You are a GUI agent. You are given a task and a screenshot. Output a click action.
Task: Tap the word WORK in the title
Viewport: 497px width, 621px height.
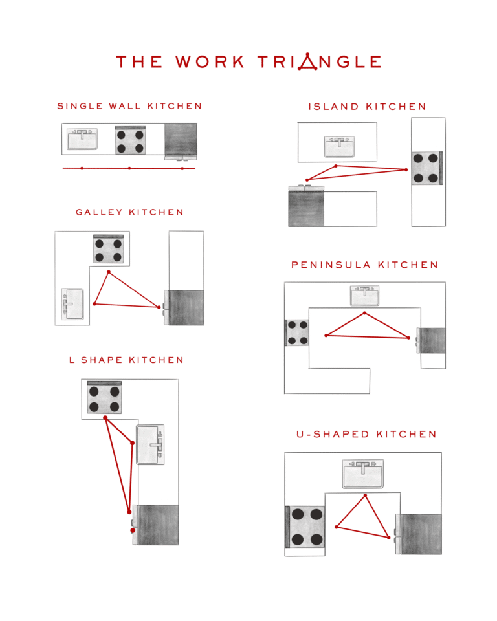coord(210,62)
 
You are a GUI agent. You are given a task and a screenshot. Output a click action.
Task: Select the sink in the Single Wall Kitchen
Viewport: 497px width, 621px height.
coord(82,139)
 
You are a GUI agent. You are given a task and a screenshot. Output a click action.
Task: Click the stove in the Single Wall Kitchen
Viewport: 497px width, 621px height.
coord(130,140)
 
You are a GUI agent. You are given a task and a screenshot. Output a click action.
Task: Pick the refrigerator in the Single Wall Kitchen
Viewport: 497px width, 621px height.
coord(181,140)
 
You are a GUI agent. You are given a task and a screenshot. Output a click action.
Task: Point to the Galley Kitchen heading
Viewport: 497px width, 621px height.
coord(129,212)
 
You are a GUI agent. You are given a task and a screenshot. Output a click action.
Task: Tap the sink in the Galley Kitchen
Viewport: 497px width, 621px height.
coord(72,304)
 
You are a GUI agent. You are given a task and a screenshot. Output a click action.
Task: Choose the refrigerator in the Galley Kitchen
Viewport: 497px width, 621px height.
coord(186,308)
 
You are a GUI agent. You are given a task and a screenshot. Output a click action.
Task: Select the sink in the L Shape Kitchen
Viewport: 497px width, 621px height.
coord(151,444)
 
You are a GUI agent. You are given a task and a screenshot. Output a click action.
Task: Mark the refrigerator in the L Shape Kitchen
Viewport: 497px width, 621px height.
coord(157,525)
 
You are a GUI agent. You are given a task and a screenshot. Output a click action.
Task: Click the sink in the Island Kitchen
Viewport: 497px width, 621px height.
coord(340,146)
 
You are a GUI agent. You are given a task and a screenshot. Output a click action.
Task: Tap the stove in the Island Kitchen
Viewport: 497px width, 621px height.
coord(427,168)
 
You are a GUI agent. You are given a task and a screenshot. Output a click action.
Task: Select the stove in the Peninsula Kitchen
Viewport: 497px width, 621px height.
coord(297,332)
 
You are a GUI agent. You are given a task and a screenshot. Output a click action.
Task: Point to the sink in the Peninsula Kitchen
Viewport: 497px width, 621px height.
coord(365,296)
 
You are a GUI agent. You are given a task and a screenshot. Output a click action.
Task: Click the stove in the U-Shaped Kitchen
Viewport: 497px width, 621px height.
coord(305,527)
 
